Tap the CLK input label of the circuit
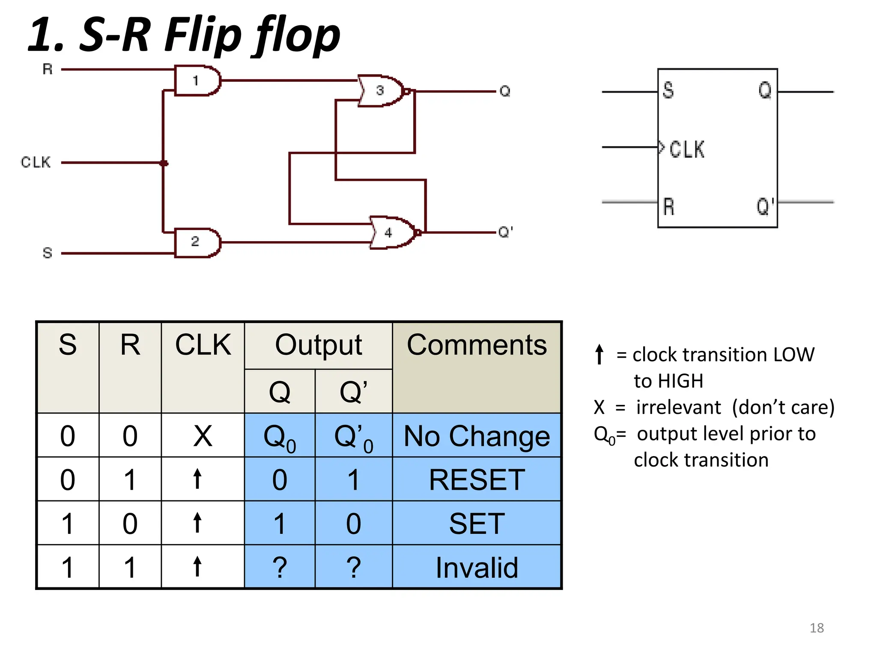(x=36, y=162)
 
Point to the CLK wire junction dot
(x=164, y=163)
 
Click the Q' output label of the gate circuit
(x=505, y=232)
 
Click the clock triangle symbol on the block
(x=662, y=147)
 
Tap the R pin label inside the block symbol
(x=668, y=206)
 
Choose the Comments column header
(x=477, y=345)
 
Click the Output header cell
(x=318, y=345)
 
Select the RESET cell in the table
(x=477, y=480)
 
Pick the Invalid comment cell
(x=477, y=568)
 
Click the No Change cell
(x=477, y=436)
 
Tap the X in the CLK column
(x=203, y=436)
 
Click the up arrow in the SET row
(x=197, y=523)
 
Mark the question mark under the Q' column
(x=353, y=568)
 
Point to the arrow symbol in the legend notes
(x=600, y=354)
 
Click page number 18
(x=816, y=628)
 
